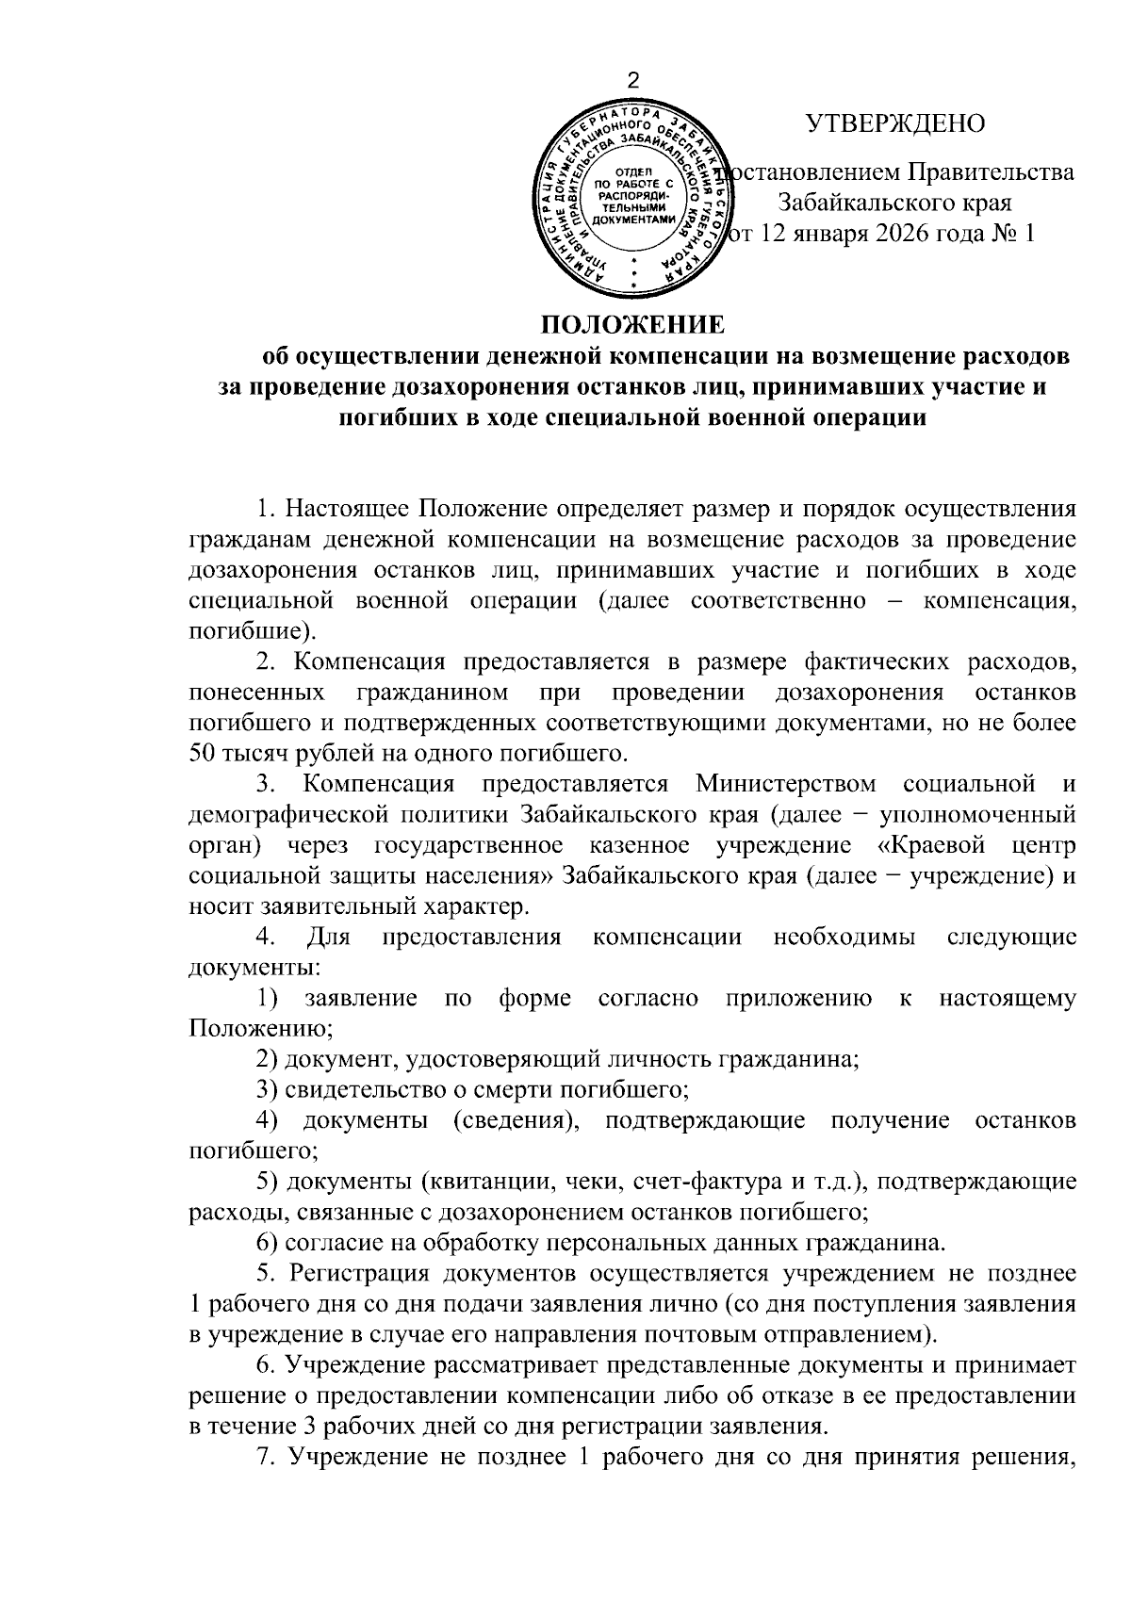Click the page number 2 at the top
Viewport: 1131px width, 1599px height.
tap(633, 80)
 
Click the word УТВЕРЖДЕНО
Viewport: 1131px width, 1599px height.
tap(894, 123)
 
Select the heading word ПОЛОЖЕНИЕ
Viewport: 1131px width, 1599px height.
tap(632, 326)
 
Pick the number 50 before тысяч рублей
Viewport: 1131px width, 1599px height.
tap(204, 753)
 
